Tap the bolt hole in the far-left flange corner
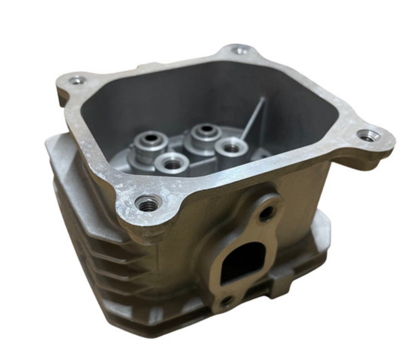tap(77, 81)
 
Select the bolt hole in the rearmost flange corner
tap(241, 51)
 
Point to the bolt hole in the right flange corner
tap(367, 135)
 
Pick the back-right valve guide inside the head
tap(206, 129)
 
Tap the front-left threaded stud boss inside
tap(172, 163)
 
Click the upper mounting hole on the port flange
tap(267, 212)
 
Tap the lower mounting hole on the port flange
tap(226, 300)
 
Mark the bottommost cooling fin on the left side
tap(114, 291)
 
